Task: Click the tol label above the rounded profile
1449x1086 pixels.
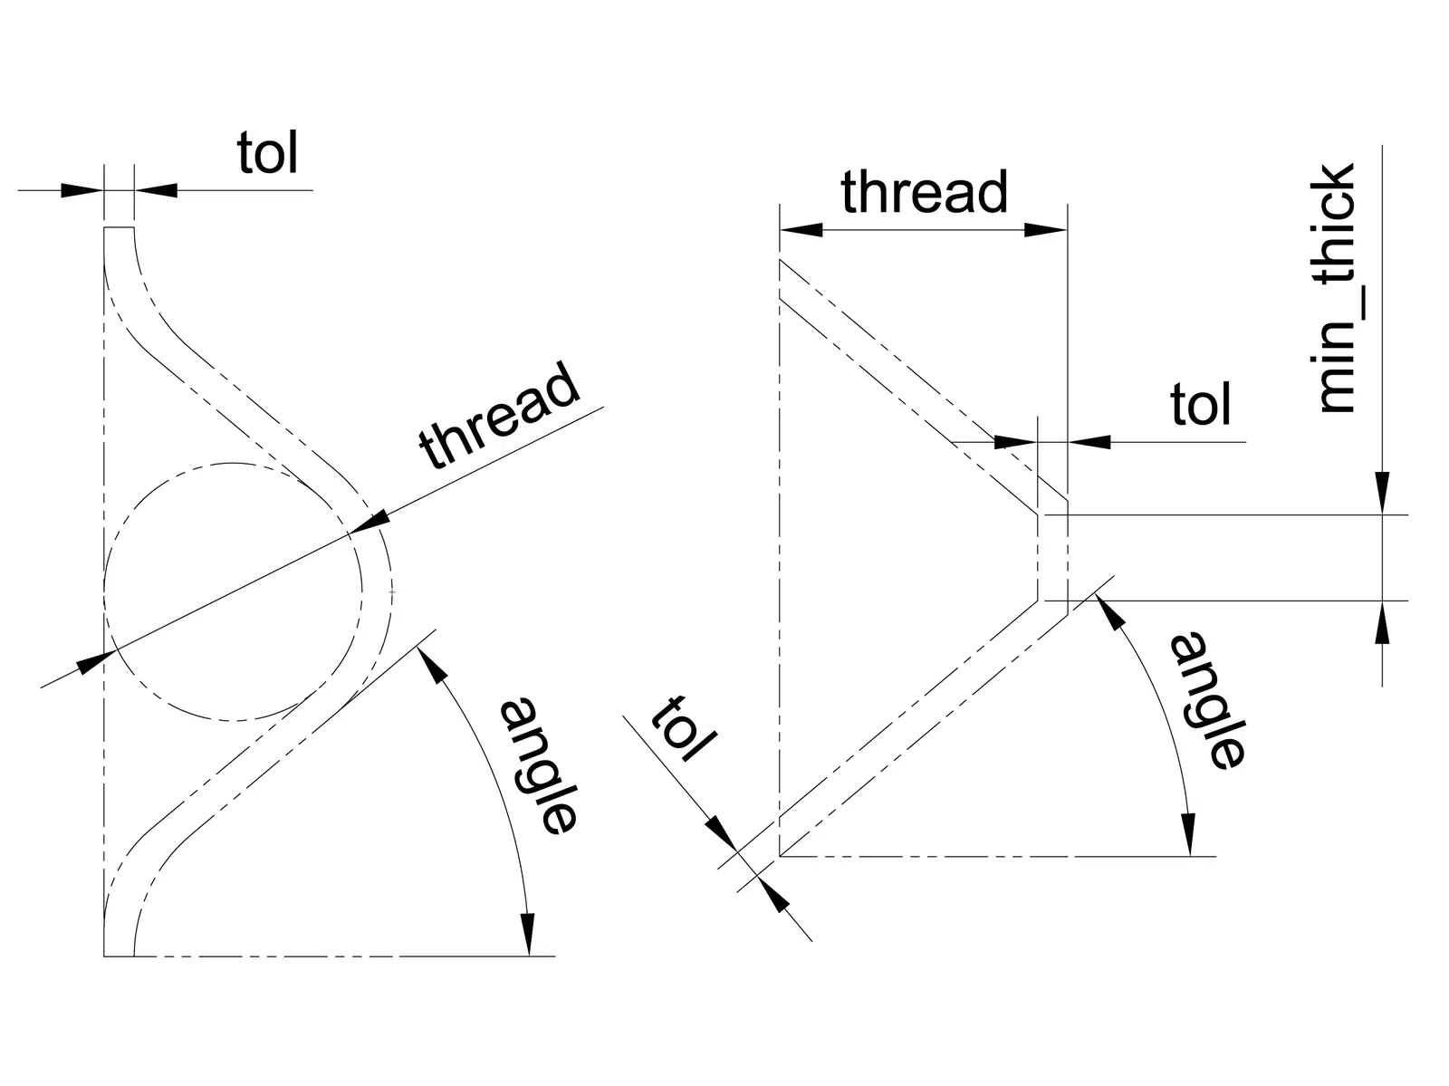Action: coord(267,153)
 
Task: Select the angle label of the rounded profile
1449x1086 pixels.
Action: coord(537,766)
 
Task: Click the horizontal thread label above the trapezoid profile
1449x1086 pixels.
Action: coord(924,192)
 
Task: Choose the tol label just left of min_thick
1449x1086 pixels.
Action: coord(1200,404)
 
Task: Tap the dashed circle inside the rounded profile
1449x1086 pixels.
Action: coord(234,592)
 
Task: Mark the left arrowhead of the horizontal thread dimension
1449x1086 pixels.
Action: coord(801,230)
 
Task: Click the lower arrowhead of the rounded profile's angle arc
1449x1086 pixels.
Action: coord(526,932)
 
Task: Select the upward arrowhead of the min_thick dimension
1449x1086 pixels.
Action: coord(1382,622)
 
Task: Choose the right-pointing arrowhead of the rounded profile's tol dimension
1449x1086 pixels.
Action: coord(82,190)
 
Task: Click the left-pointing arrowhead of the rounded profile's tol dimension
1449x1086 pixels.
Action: coord(156,190)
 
